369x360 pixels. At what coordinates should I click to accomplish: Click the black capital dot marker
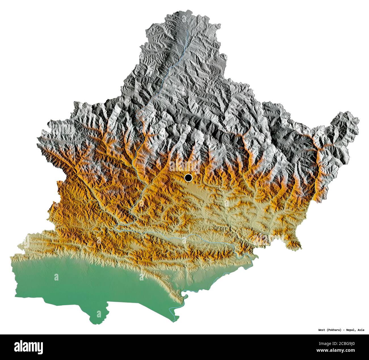click(188, 178)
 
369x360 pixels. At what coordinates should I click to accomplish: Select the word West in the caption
click(322, 330)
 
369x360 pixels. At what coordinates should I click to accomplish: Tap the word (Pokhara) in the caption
click(334, 330)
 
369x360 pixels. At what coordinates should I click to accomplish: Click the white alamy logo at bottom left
click(28, 347)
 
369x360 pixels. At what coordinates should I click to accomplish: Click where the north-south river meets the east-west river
click(116, 227)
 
